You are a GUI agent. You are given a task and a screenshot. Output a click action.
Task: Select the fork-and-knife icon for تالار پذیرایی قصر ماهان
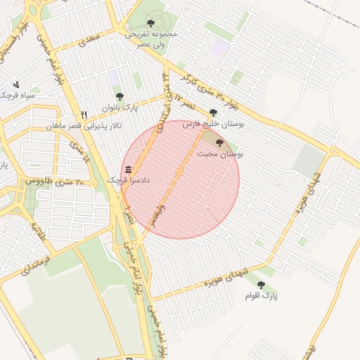(84, 115)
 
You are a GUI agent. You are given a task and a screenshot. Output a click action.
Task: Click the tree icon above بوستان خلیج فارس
(213, 112)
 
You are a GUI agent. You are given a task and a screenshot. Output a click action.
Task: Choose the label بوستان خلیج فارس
(213, 124)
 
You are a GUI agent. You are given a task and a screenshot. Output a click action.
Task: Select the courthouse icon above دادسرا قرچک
(128, 169)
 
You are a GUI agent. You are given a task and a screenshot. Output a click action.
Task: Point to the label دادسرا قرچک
(128, 180)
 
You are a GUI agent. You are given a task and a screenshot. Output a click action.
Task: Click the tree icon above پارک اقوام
(261, 285)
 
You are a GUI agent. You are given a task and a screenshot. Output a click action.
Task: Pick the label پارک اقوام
(261, 296)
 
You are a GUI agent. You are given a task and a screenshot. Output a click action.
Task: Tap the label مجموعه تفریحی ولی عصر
(151, 39)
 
